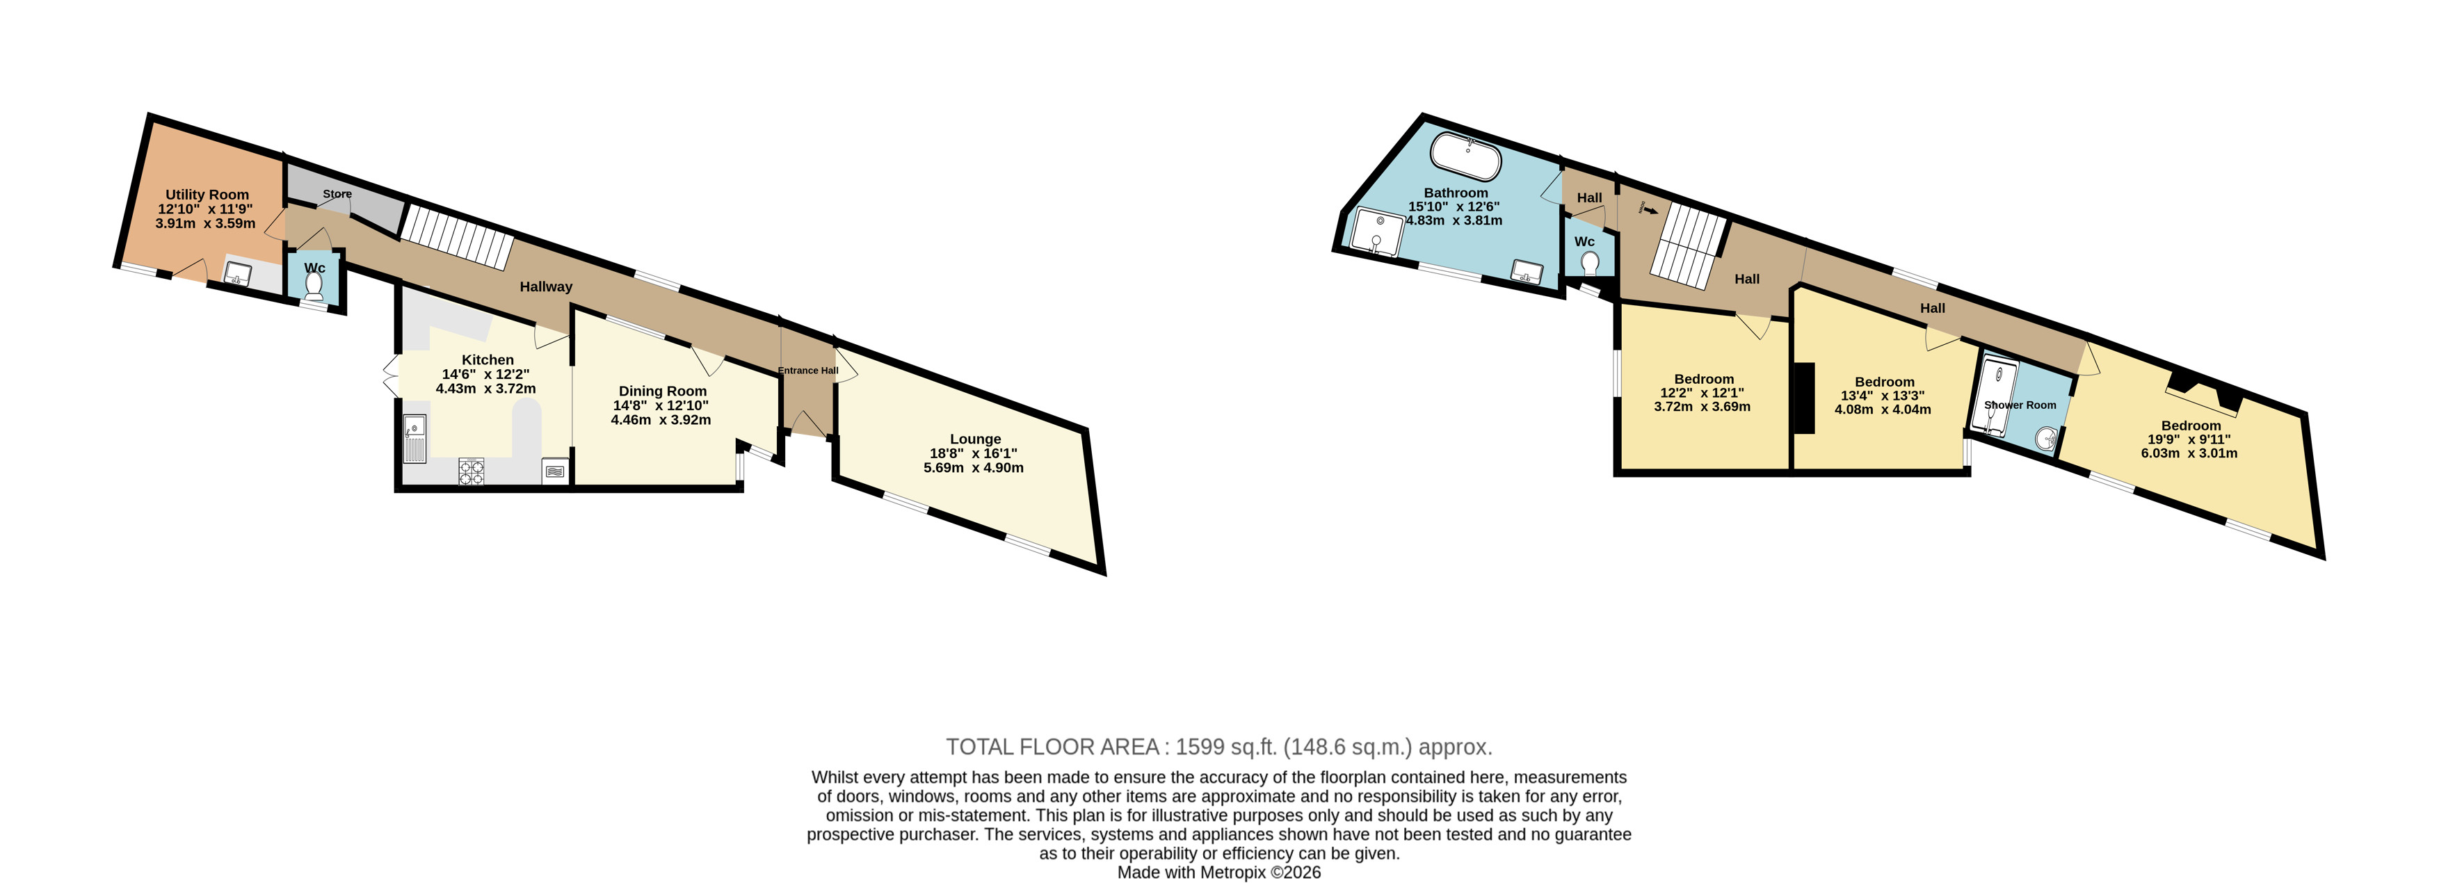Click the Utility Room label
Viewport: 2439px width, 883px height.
click(x=207, y=194)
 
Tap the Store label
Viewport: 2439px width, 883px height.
click(x=337, y=194)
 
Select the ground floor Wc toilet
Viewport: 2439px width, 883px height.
click(x=314, y=286)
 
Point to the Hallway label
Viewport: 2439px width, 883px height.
click(x=545, y=286)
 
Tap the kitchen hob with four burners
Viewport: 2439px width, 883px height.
click(x=472, y=471)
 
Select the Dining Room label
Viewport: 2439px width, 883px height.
click(x=663, y=391)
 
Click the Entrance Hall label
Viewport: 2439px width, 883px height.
click(x=807, y=370)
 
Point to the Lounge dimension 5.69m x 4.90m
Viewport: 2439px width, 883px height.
click(x=974, y=467)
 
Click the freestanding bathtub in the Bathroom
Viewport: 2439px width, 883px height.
click(x=1465, y=156)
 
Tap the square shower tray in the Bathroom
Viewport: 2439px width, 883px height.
click(x=1378, y=232)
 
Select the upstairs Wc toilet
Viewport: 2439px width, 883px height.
click(x=1590, y=262)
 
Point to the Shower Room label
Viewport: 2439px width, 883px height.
click(x=2020, y=405)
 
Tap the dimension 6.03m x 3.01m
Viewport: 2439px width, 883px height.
click(x=2189, y=453)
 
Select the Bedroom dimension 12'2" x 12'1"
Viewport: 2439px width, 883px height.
click(x=1703, y=393)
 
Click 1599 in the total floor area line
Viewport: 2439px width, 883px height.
click(x=1200, y=747)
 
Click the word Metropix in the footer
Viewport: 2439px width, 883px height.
click(x=1233, y=873)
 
